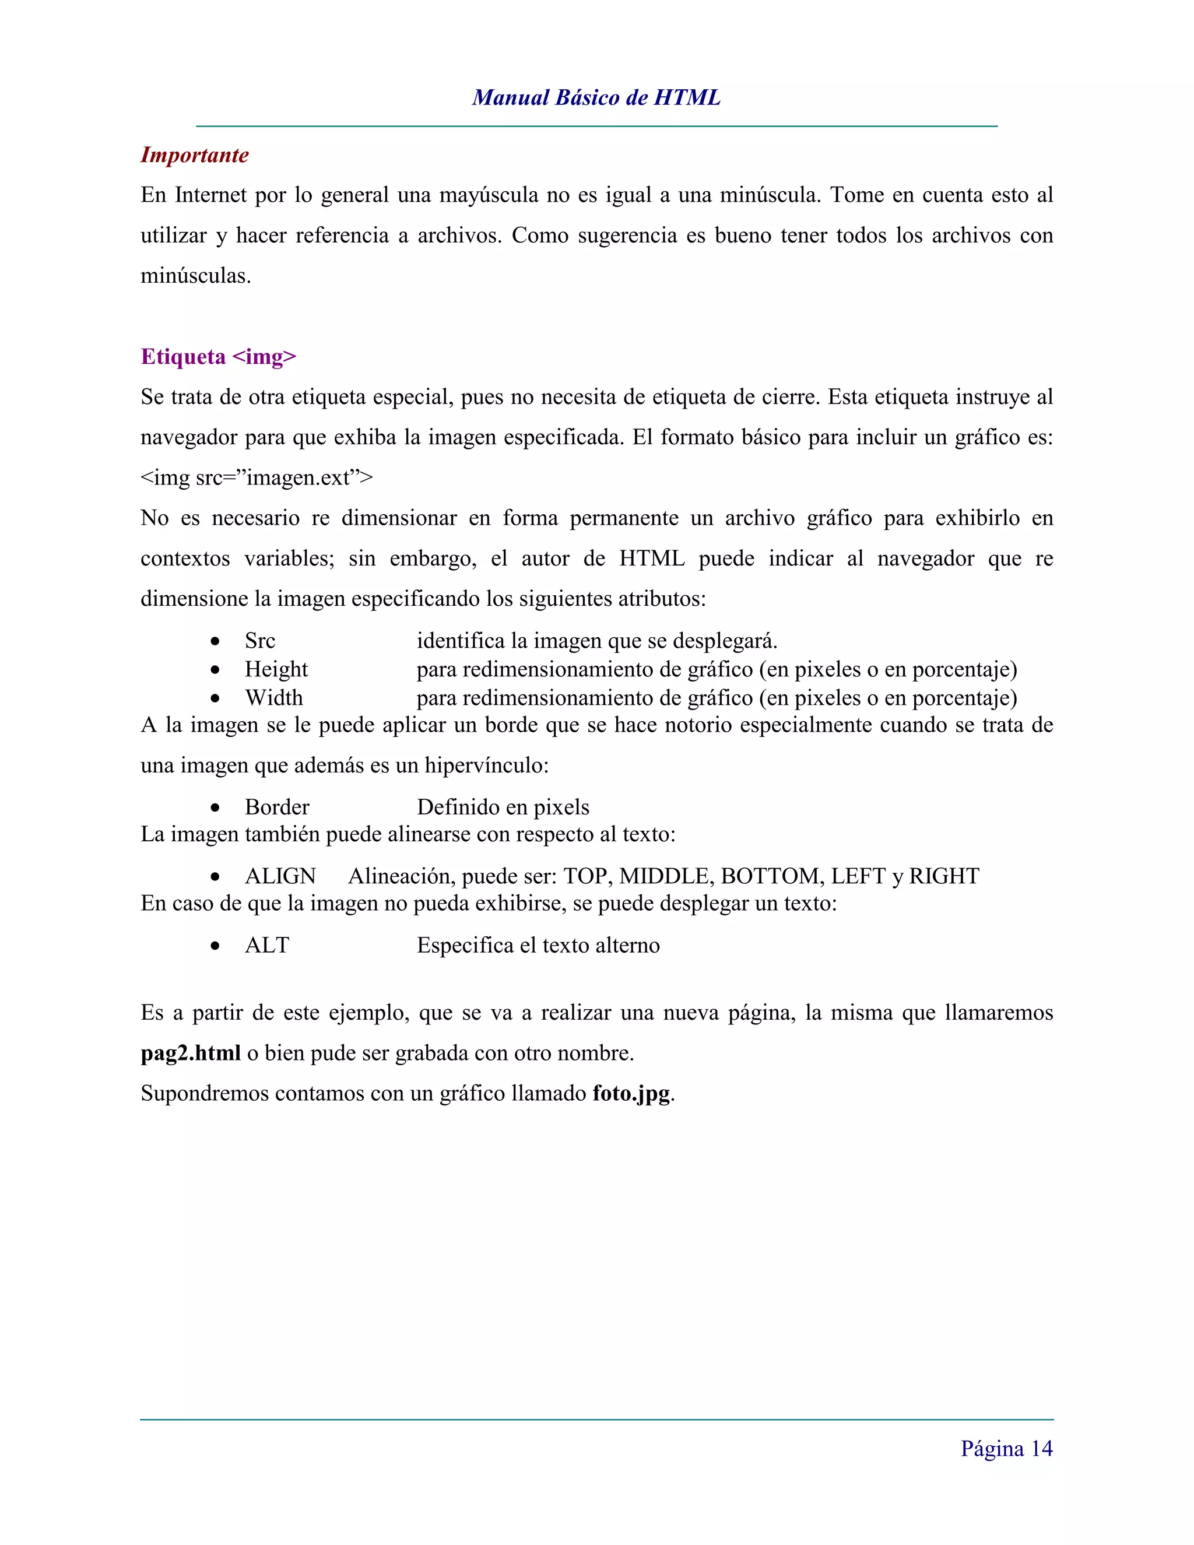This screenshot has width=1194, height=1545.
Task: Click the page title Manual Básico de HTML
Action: click(596, 97)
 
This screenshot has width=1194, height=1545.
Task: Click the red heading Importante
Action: click(195, 155)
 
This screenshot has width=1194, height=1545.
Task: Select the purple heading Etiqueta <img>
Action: click(219, 357)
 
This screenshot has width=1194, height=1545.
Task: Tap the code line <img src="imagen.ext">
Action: click(257, 478)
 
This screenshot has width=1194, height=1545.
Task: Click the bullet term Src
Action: click(259, 641)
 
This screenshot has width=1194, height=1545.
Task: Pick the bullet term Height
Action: click(276, 669)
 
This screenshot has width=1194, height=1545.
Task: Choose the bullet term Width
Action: click(274, 698)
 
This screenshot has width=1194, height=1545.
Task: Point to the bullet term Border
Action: click(276, 807)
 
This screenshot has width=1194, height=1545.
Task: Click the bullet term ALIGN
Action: click(280, 876)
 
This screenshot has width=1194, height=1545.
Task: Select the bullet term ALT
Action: click(266, 946)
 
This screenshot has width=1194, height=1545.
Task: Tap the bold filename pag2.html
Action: click(191, 1054)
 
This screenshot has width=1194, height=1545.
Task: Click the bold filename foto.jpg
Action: click(631, 1094)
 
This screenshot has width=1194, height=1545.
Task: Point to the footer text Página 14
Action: click(1006, 1449)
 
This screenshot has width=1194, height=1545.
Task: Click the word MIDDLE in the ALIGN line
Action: click(666, 876)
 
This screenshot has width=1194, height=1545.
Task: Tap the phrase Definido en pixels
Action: click(503, 807)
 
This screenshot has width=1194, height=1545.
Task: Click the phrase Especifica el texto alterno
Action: click(538, 946)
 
